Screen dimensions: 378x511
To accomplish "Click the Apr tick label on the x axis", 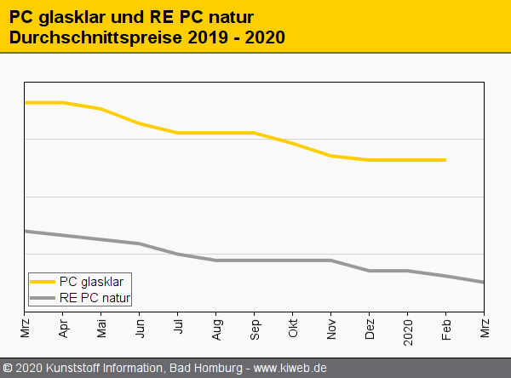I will click(63, 327).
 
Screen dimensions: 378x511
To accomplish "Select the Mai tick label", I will click(101, 327).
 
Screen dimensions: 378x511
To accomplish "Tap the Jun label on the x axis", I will click(140, 327).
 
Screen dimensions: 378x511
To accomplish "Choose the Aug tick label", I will click(216, 327).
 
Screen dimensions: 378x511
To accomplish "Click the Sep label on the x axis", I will click(255, 327).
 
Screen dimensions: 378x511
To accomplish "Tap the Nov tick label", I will click(331, 327).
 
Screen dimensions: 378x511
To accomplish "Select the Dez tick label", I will click(370, 327).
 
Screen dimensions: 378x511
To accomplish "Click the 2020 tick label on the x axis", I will click(408, 329).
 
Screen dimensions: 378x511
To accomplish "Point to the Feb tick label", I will click(446, 327).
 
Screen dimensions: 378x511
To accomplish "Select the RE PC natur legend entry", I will click(95, 298).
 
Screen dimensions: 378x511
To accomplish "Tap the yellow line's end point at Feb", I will click(445, 160).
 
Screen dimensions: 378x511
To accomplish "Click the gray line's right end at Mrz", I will click(484, 282).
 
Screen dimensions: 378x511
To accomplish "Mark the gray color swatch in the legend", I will click(43, 298).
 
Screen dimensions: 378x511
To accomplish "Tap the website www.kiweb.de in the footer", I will click(290, 368).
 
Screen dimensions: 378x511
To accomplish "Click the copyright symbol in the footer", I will click(8, 368).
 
